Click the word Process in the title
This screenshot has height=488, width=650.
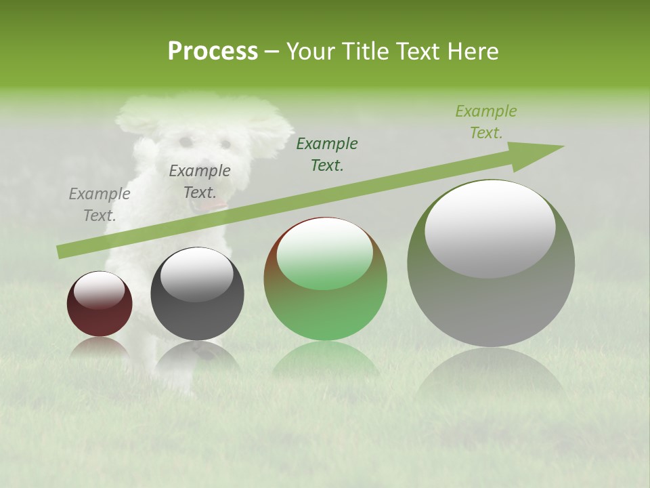tap(213, 52)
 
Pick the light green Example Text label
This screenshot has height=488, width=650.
tap(485, 122)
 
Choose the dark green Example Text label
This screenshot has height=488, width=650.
tap(327, 155)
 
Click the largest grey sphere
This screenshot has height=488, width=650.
tap(491, 298)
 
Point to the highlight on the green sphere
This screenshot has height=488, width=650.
tap(324, 254)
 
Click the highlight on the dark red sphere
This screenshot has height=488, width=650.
tap(100, 289)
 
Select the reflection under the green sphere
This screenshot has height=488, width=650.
tap(325, 359)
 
